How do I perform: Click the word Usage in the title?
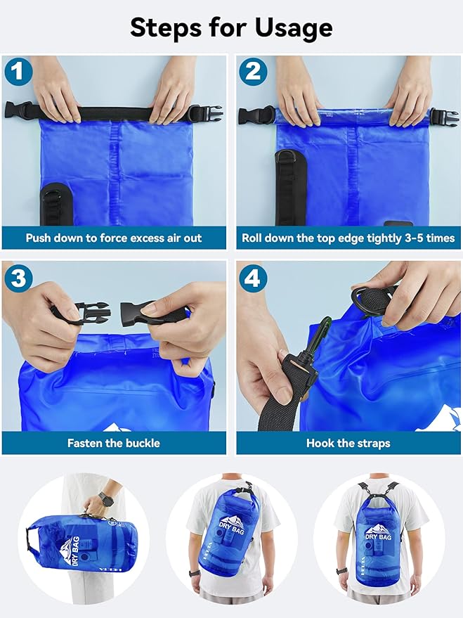[x=282, y=28]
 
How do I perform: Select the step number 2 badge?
[x=251, y=71]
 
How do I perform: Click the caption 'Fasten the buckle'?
[x=114, y=443]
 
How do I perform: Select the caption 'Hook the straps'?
[x=348, y=443]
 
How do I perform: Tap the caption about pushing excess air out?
[x=114, y=238]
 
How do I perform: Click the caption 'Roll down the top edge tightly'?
[x=348, y=238]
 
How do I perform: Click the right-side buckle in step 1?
[x=204, y=112]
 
